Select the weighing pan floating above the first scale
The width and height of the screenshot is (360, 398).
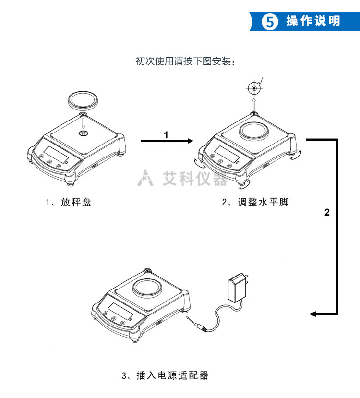coord(84,100)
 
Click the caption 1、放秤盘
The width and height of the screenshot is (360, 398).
coord(69,202)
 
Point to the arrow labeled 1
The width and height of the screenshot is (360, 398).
coord(166,141)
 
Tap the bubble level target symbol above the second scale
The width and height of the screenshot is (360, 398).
coord(253,88)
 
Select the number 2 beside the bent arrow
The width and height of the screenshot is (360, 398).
coord(327,212)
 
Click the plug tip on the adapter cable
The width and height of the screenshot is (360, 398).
coord(190,319)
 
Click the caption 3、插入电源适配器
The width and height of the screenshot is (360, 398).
coord(165,375)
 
